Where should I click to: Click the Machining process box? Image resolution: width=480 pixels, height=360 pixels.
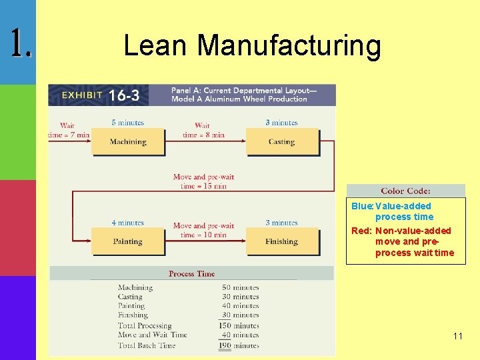[128, 142]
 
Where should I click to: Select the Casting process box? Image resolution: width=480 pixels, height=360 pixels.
[281, 142]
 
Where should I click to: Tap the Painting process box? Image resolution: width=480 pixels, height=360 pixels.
[127, 241]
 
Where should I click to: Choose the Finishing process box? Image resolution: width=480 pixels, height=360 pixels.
[281, 241]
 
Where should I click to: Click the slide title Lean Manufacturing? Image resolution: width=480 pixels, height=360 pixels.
[252, 46]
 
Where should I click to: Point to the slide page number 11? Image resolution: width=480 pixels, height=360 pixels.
[457, 336]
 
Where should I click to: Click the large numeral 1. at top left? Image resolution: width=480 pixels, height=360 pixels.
[21, 43]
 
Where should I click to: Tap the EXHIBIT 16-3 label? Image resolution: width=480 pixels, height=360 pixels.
[100, 95]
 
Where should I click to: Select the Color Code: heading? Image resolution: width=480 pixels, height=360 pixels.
[405, 191]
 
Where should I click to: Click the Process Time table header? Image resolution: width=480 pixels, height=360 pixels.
[191, 273]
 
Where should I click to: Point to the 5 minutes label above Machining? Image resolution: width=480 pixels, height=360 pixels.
[127, 123]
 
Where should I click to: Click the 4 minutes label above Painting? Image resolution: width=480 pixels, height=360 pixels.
[127, 223]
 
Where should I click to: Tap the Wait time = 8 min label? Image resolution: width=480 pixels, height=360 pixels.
[203, 130]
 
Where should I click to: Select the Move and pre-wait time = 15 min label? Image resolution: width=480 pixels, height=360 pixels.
[203, 181]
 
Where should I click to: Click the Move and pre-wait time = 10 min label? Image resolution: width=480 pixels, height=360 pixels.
[203, 230]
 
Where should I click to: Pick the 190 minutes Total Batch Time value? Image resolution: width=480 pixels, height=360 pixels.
[239, 345]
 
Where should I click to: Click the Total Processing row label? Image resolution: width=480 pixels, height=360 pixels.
[147, 325]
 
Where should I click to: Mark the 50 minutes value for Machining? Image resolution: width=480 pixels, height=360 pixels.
[240, 287]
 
